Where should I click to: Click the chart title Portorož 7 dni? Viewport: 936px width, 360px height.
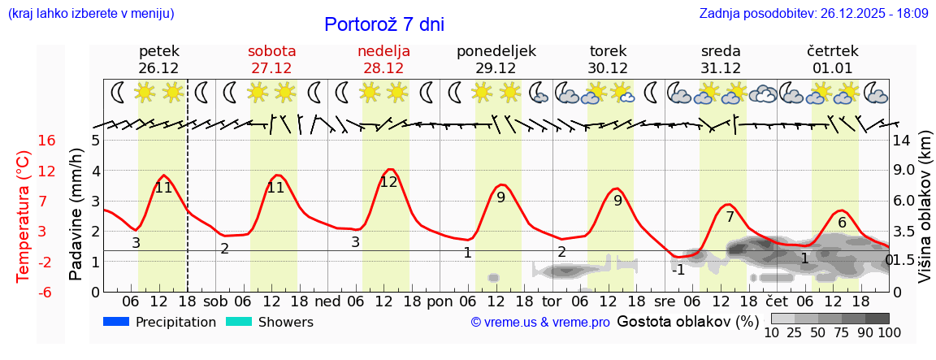pos(383,24)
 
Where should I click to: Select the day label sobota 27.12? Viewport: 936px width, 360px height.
pos(271,59)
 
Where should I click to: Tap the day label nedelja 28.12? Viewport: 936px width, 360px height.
pos(383,59)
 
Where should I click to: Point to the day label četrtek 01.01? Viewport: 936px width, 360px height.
pos(833,59)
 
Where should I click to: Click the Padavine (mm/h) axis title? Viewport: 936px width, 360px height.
pos(76,214)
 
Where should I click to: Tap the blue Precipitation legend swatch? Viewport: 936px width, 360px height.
pos(117,322)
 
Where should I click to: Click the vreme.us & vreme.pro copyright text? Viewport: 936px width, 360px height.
pos(539,323)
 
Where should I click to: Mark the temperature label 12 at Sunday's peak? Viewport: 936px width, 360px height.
pos(388,182)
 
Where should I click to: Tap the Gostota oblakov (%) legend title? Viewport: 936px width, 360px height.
pos(687,321)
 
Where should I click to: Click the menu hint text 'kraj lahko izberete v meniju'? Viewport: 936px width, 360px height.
pos(90,14)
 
